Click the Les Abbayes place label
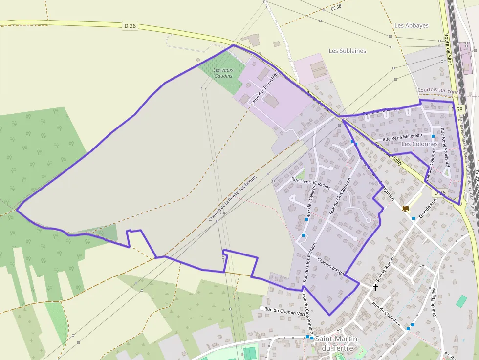tap(412, 25)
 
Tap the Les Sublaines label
tap(347, 51)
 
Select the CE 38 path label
tap(336, 8)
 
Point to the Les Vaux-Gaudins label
tap(224, 73)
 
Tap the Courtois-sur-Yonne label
tap(439, 91)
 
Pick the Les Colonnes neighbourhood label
tap(417, 144)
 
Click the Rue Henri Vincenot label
tap(310, 183)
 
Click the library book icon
tap(405, 209)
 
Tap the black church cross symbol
tap(375, 287)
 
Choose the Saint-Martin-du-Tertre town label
tap(338, 343)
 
